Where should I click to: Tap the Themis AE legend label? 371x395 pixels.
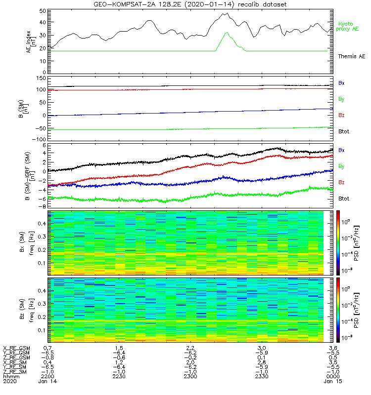pos(352,57)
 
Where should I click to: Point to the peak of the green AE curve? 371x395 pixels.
pos(227,33)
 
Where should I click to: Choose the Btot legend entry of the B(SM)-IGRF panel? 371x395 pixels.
pos(344,198)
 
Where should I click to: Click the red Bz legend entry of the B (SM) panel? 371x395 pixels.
pos(341,116)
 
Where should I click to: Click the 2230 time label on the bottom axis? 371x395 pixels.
pos(119,377)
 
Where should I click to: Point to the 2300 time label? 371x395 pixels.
pos(190,377)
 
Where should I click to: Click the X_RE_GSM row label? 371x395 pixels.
pos(16,348)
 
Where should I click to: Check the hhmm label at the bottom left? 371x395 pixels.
pos(10,377)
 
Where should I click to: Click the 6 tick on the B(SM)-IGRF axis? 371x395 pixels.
pos(44,146)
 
